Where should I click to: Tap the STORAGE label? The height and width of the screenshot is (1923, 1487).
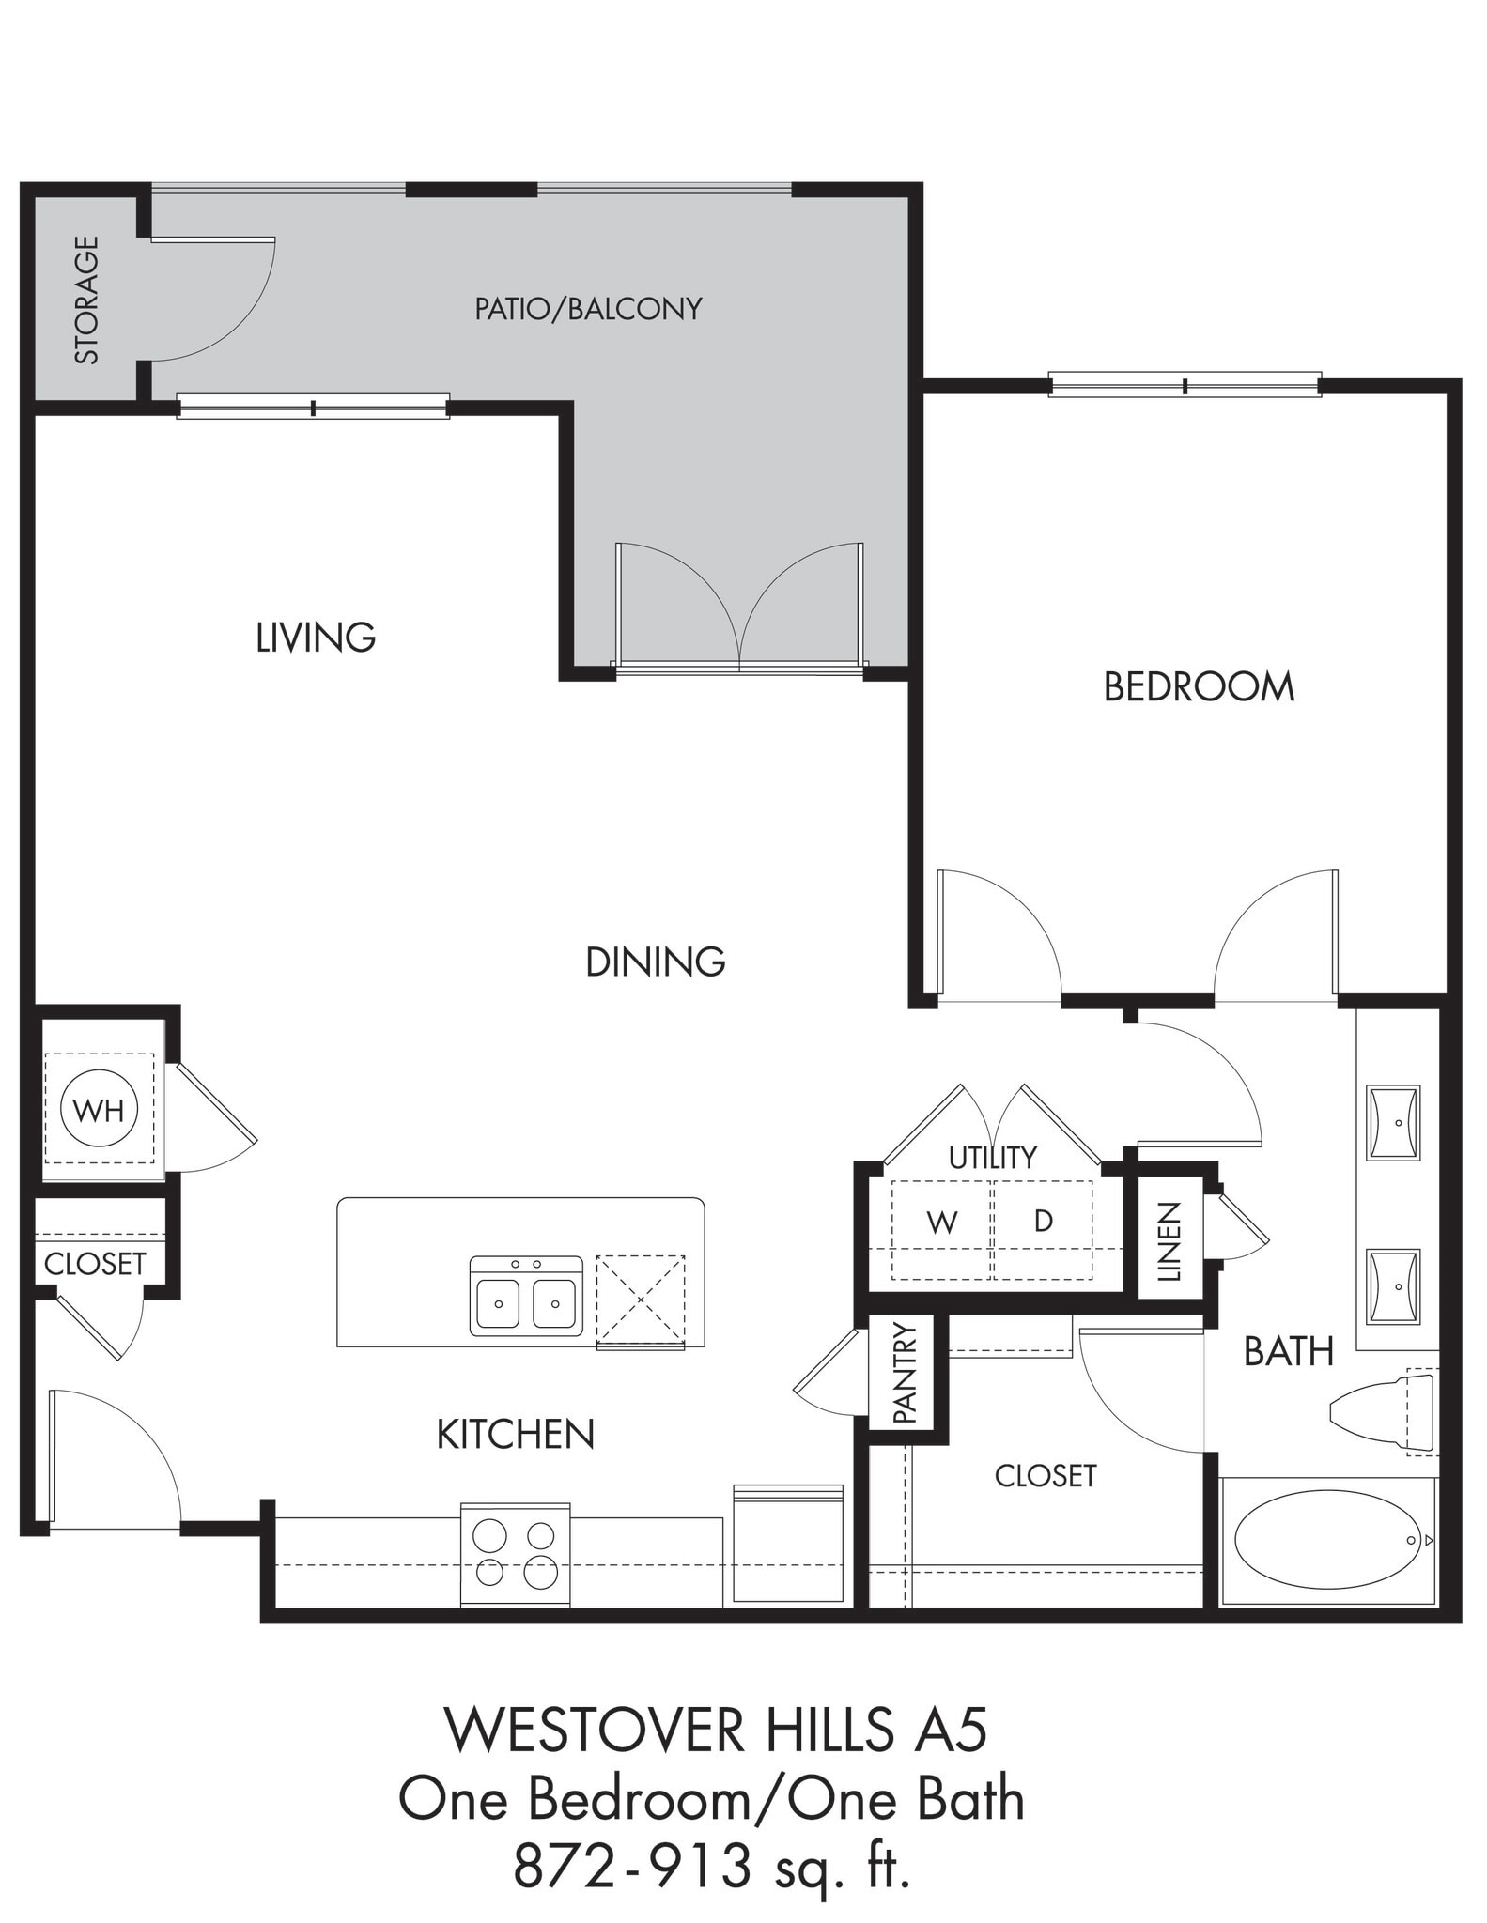[86, 300]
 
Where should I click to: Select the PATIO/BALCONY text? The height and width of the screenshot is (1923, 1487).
[588, 309]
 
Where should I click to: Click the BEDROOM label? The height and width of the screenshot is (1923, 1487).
[1199, 687]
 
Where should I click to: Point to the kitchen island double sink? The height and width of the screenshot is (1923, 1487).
[526, 1296]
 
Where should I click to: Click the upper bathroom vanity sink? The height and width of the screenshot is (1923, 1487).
[1392, 1123]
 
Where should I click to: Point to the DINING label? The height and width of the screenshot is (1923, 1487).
[656, 962]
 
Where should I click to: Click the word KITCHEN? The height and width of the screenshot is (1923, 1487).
[516, 1434]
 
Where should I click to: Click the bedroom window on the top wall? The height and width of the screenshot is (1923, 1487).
[1185, 384]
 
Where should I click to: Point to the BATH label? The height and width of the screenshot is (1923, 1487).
[1289, 1352]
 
